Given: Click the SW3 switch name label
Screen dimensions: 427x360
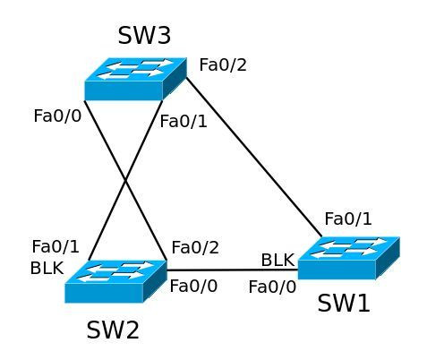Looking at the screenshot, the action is click(x=144, y=36).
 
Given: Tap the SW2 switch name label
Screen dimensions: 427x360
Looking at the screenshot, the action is click(x=113, y=330).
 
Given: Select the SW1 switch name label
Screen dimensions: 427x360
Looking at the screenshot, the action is click(x=344, y=304).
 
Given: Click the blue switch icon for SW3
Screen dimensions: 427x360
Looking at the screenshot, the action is click(x=136, y=79).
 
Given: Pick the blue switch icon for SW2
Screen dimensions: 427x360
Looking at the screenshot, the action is click(x=115, y=281).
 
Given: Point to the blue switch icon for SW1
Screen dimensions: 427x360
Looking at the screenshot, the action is click(x=349, y=258).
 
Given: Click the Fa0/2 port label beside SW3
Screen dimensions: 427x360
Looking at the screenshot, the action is click(x=223, y=64).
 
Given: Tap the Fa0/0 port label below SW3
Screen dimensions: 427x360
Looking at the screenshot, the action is click(x=57, y=116).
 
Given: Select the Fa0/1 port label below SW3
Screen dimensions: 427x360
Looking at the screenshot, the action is click(x=184, y=122).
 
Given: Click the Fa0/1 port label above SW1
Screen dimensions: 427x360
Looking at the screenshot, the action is click(x=348, y=219).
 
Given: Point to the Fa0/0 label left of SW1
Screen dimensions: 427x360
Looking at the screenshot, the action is click(x=272, y=287).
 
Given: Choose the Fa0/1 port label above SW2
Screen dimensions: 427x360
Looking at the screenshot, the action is click(x=56, y=247).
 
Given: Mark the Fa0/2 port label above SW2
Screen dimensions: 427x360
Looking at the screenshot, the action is click(x=195, y=247).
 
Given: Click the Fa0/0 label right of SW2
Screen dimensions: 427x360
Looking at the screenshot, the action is click(x=193, y=286).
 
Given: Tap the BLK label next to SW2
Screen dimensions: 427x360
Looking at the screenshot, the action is click(x=47, y=268).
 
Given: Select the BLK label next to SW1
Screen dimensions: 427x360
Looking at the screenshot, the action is click(x=278, y=260).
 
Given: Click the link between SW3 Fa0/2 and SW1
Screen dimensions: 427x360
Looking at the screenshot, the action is click(x=254, y=157).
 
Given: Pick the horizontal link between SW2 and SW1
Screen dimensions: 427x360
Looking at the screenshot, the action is click(x=232, y=270).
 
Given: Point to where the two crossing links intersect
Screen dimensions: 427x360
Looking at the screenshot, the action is click(x=125, y=181).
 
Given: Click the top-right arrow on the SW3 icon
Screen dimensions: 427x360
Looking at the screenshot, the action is click(x=158, y=63).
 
